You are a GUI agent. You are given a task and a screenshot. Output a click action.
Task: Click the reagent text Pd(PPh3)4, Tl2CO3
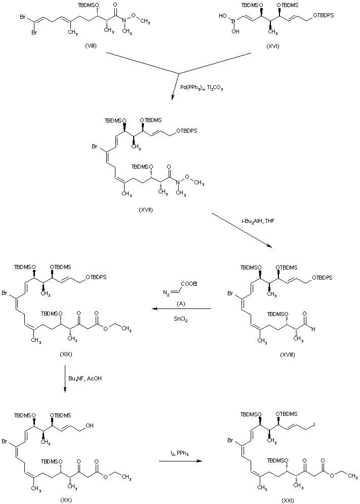202,87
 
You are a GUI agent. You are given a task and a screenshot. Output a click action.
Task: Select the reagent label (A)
180,303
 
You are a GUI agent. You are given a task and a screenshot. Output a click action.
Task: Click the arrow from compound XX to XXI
177,461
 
